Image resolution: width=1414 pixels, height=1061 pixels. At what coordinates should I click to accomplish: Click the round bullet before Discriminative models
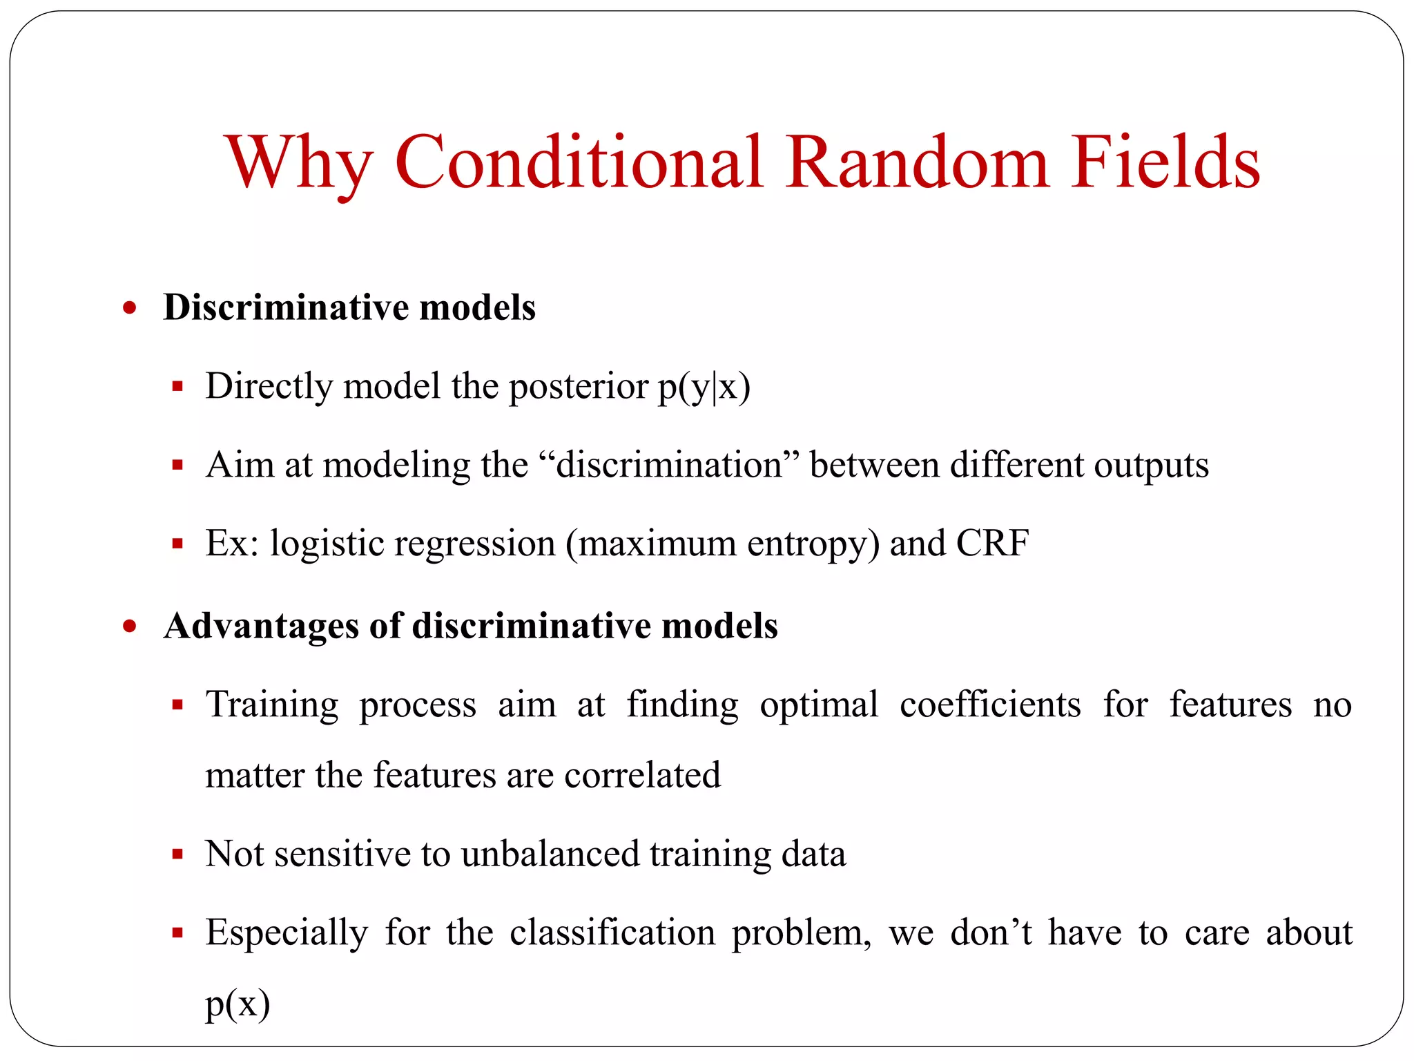(x=130, y=307)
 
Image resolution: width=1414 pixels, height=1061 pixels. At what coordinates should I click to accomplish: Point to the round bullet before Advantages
(x=130, y=627)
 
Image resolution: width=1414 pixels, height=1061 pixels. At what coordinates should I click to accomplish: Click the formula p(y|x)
(x=704, y=387)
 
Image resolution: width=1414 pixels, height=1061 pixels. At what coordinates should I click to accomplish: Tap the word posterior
(x=579, y=387)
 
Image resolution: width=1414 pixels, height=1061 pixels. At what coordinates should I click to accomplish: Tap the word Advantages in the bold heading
(x=261, y=627)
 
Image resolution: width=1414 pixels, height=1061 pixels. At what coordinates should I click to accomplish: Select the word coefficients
(x=990, y=705)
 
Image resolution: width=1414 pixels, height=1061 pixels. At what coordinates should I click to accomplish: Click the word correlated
(x=642, y=775)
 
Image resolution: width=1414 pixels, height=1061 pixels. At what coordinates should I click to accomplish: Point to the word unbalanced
(x=550, y=854)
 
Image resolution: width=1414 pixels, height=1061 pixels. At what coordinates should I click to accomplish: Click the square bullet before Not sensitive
(x=177, y=855)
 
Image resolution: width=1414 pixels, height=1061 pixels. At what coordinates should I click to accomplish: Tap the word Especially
(x=287, y=934)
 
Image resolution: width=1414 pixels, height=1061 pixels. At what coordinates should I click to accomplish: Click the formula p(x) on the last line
(x=238, y=1004)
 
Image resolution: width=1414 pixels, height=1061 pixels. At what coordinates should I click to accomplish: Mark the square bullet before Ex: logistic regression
(x=177, y=544)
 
